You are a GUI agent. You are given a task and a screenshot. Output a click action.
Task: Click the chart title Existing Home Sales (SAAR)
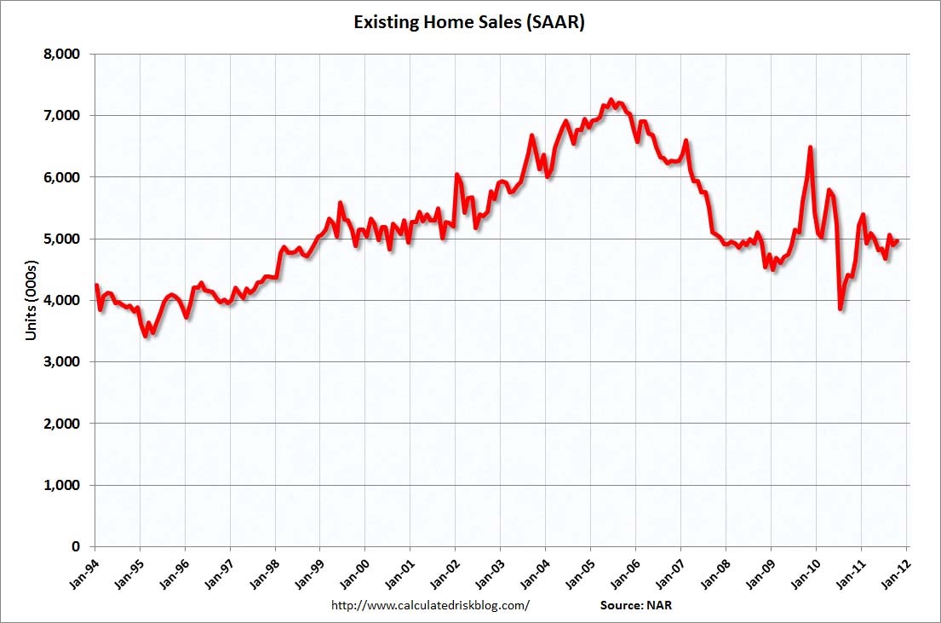click(x=469, y=22)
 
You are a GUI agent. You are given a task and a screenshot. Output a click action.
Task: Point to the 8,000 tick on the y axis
click(x=61, y=54)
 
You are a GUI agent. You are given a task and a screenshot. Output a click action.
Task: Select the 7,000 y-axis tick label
click(x=61, y=115)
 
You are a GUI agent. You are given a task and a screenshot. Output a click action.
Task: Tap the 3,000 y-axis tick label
click(x=61, y=362)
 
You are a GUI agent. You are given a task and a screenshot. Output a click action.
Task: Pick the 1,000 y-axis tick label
click(x=61, y=486)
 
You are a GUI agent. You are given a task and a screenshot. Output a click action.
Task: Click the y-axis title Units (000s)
click(x=31, y=300)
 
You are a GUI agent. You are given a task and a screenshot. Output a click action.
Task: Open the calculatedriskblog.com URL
click(x=429, y=606)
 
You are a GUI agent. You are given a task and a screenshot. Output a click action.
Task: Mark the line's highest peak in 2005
click(x=611, y=100)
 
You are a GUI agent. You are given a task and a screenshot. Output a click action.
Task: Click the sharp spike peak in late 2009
click(x=810, y=147)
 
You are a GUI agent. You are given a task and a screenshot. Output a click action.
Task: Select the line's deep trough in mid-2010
click(x=840, y=309)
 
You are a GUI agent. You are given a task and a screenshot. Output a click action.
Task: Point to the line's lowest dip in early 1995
click(x=146, y=336)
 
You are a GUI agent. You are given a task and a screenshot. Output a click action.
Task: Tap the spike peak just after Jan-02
click(x=457, y=175)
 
